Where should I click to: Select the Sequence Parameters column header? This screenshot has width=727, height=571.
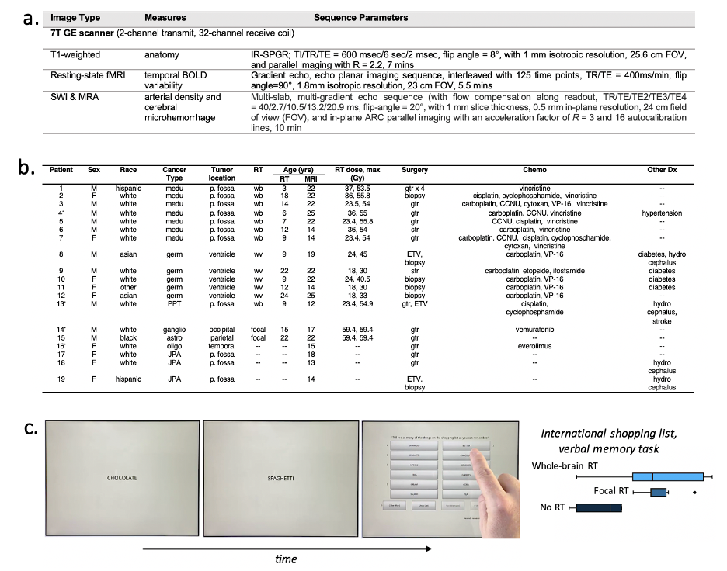click(x=360, y=18)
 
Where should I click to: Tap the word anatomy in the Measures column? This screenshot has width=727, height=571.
click(x=162, y=55)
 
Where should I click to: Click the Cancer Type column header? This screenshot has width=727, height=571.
click(x=174, y=173)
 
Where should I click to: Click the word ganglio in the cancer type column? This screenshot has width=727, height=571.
click(x=174, y=330)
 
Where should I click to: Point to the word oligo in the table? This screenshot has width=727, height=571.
click(x=174, y=346)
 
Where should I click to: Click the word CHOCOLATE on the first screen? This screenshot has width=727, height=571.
click(x=122, y=478)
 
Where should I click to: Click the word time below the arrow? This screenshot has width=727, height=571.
click(x=287, y=558)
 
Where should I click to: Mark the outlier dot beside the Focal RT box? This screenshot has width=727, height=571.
click(x=694, y=492)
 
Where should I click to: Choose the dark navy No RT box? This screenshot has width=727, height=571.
click(x=599, y=508)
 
